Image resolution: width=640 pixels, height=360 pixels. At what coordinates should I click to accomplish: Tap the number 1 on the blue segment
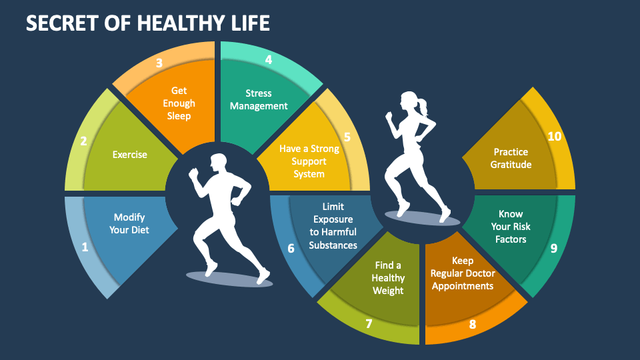point(85,247)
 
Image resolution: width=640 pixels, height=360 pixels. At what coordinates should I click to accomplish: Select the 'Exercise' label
point(129,155)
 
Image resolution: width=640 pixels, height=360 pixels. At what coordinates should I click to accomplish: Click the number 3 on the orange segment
point(159,63)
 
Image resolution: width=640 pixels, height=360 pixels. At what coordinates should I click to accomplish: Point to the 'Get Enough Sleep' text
point(179,103)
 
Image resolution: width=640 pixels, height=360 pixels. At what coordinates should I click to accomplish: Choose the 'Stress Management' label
point(259,99)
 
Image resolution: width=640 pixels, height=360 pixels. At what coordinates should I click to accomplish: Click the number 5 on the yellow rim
point(347,137)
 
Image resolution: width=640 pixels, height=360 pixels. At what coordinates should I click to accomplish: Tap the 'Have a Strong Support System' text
point(309,161)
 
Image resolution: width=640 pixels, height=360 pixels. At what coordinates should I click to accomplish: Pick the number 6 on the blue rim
point(291,249)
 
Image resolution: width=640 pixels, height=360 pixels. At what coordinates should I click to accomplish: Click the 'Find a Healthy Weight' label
point(389,277)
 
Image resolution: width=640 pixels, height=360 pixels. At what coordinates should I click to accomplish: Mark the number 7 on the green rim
point(369,324)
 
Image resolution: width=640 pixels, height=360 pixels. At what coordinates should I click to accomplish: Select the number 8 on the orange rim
point(473,325)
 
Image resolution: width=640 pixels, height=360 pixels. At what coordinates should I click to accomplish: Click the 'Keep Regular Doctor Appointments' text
point(462,273)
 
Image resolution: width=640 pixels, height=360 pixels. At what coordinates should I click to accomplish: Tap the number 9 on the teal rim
point(553,249)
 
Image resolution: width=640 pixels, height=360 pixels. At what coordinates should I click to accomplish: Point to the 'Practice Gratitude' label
point(512,158)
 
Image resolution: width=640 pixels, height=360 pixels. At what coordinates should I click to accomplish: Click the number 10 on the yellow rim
point(555,137)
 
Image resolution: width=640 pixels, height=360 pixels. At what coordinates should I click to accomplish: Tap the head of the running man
point(219,162)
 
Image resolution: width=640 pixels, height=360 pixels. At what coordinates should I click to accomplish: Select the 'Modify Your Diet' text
point(129,223)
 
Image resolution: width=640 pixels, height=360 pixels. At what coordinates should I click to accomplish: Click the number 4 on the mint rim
point(268,60)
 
